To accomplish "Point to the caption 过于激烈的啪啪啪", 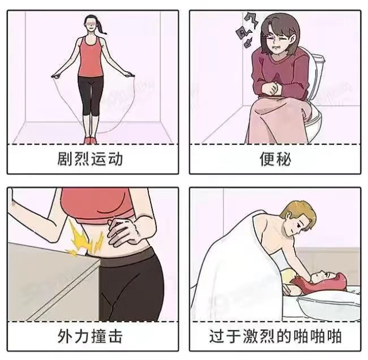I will [x=275, y=335].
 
